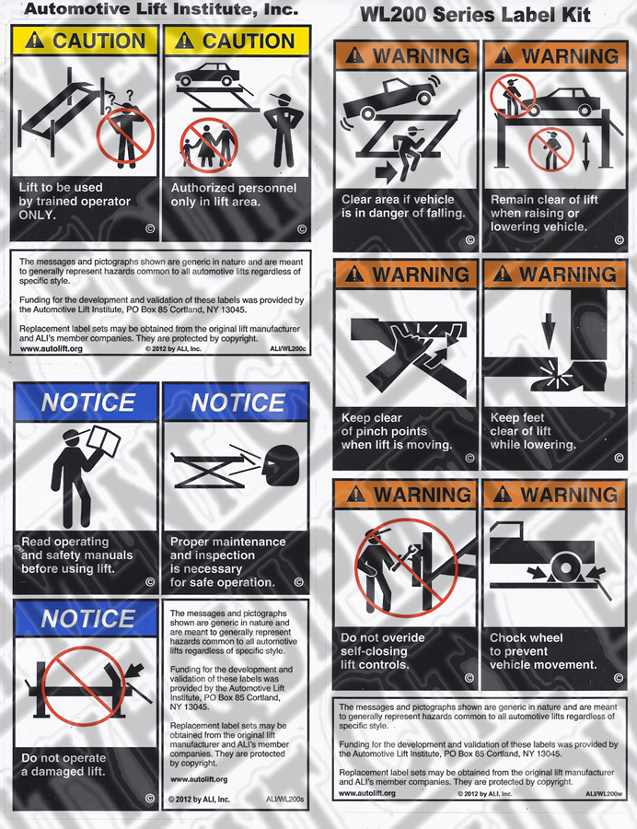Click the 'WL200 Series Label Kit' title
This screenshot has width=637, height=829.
click(475, 15)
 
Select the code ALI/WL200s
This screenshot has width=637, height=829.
click(284, 800)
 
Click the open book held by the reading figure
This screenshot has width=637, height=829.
click(104, 441)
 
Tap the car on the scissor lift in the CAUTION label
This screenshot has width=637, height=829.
click(206, 75)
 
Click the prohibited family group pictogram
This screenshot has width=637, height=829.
click(209, 145)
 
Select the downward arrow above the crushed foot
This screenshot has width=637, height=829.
click(549, 331)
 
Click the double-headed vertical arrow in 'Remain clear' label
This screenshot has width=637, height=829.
click(585, 151)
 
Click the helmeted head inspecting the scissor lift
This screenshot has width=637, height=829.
click(281, 466)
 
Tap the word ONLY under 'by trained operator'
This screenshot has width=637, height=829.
click(37, 215)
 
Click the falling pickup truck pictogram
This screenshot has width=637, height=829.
click(392, 98)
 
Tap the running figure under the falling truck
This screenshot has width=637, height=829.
click(405, 153)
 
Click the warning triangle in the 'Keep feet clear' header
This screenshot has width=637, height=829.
click(503, 274)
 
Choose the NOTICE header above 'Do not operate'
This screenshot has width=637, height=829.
click(87, 619)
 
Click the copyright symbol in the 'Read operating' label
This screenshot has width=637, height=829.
click(150, 582)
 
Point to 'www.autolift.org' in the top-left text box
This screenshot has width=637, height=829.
click(52, 349)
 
